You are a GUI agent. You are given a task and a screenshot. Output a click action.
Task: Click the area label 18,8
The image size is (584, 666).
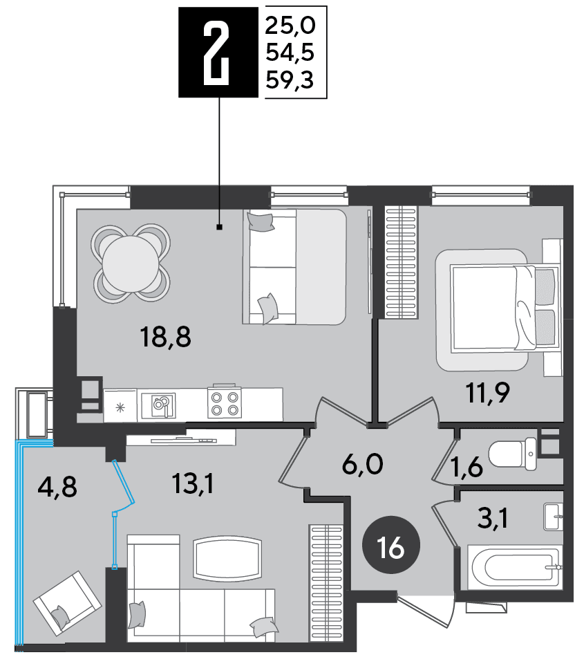coord(165,337)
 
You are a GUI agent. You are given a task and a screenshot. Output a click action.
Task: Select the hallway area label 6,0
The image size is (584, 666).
coord(362,463)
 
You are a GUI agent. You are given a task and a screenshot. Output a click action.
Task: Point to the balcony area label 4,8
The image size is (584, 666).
coord(57,487)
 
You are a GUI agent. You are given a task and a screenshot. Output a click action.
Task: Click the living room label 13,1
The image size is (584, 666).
coord(193,484)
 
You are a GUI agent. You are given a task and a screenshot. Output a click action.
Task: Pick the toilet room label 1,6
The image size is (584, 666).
coord(467,468)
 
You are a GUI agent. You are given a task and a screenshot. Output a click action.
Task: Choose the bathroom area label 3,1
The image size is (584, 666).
coord(493,518)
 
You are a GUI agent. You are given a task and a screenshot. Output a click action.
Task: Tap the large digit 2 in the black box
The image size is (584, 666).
coord(216,53)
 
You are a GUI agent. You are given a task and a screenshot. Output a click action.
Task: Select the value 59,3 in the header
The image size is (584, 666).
coord(290,80)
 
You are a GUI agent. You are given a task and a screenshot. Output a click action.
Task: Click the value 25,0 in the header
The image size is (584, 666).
coord(290,26)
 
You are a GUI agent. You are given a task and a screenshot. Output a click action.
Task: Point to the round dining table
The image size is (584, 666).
coord(131,263)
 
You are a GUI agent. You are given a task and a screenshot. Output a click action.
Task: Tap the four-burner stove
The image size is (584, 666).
coord(225,403)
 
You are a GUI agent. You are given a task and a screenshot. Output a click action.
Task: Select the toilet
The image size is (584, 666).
coord(513,454)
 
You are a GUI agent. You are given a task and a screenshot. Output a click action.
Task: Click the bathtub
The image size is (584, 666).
coord(515,568)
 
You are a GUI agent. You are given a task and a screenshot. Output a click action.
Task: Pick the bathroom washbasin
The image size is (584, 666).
coord(554,517)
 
